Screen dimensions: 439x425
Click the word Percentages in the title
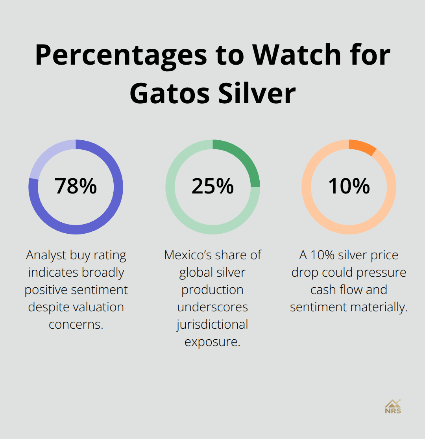click(x=121, y=55)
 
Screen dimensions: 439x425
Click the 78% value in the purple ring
click(x=76, y=186)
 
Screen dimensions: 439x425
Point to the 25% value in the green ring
click(x=213, y=186)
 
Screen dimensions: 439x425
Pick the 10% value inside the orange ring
click(x=349, y=186)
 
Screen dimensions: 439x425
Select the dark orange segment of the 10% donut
click(x=362, y=146)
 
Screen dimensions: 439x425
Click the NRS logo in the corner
click(x=393, y=406)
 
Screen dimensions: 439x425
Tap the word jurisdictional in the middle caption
click(x=213, y=324)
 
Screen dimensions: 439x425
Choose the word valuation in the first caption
click(x=99, y=307)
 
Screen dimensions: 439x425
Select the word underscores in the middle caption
click(x=213, y=307)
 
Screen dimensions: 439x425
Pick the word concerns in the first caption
click(x=76, y=324)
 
